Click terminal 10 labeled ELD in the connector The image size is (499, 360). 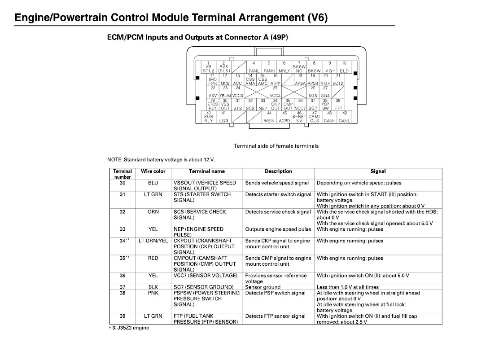click(344, 67)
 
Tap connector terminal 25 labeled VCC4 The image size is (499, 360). click(275, 92)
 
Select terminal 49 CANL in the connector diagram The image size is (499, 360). click(345, 117)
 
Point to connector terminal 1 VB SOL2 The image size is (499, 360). click(208, 67)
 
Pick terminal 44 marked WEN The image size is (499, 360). click(269, 117)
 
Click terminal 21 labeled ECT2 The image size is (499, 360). click(338, 79)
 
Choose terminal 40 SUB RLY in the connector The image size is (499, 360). click(209, 117)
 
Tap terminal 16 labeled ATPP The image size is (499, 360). click(275, 79)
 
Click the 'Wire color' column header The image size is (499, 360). click(153, 171)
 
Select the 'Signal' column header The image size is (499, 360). click(378, 171)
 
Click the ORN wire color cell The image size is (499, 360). click(153, 212)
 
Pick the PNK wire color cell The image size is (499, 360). click(153, 293)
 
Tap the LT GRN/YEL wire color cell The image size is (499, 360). click(153, 241)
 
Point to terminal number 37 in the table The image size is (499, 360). click(123, 287)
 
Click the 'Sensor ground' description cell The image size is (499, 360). click(263, 287)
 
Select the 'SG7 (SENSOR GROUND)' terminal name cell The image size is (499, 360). click(203, 287)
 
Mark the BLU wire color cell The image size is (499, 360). click(153, 183)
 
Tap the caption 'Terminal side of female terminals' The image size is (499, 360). click(276, 146)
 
